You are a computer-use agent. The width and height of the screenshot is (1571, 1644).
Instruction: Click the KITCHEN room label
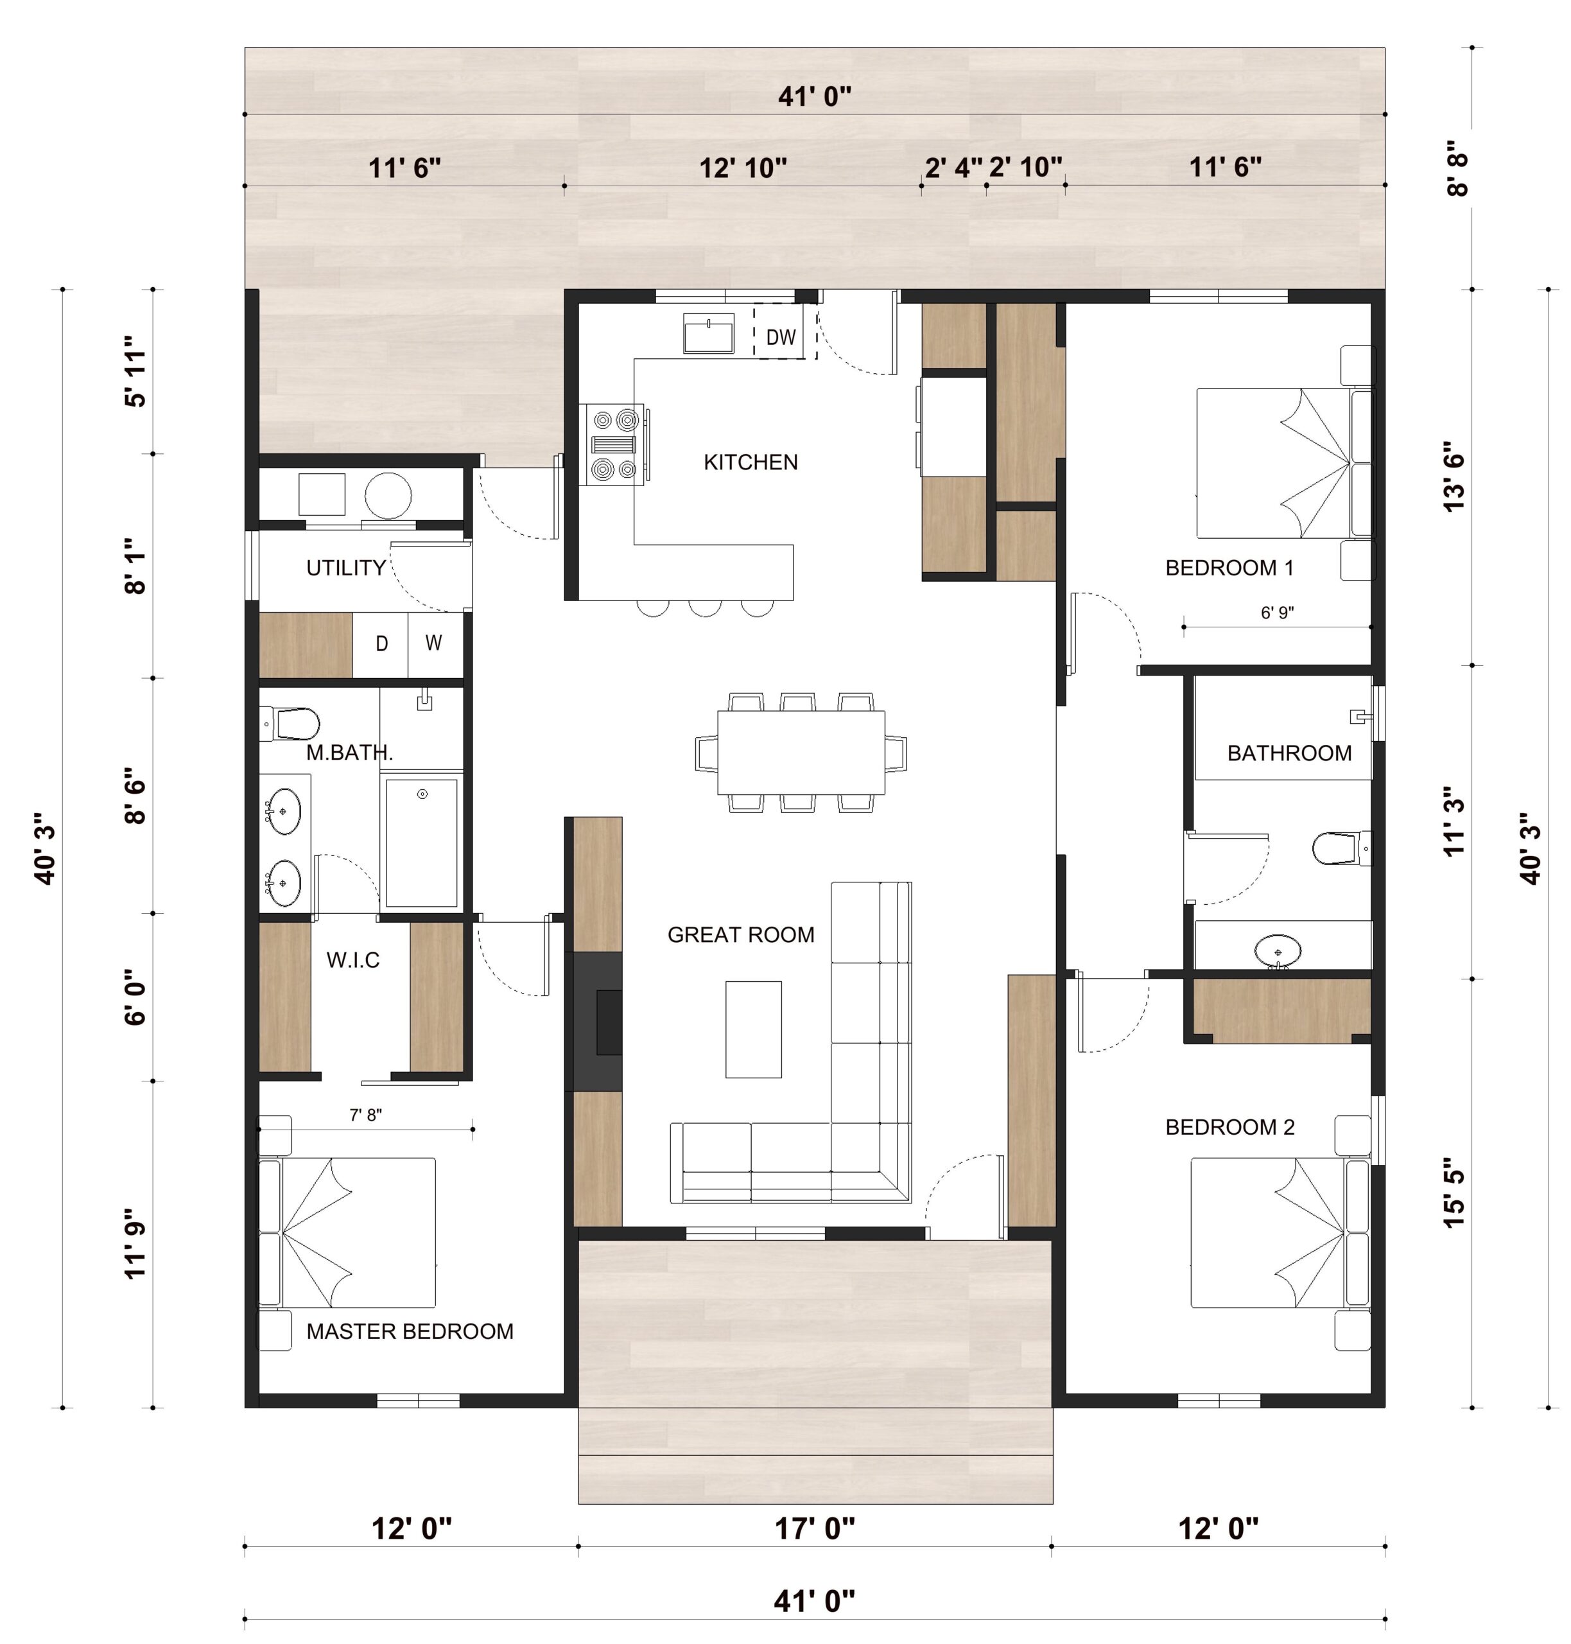(x=751, y=462)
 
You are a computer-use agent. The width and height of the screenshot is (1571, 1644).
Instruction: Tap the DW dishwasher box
(x=785, y=331)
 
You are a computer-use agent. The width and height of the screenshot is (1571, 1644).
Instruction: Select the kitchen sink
(x=708, y=333)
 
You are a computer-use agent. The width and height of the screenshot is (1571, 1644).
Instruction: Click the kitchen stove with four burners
(x=613, y=444)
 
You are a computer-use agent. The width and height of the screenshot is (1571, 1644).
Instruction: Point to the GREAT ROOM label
(x=741, y=934)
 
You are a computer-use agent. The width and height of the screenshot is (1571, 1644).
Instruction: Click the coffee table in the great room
(x=754, y=1029)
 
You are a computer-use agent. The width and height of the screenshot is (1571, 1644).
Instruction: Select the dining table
(x=801, y=753)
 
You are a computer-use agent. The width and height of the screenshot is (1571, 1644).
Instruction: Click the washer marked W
(x=435, y=644)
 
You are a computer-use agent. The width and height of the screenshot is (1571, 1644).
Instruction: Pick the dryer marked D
(x=381, y=644)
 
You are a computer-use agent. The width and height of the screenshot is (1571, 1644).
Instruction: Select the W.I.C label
(x=352, y=960)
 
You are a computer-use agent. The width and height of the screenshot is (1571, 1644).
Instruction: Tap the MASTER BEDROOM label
(x=410, y=1332)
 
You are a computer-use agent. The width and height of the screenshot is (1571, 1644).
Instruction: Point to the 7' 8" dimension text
(x=366, y=1115)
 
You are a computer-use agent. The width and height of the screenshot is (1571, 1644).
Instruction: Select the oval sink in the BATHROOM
(x=1278, y=951)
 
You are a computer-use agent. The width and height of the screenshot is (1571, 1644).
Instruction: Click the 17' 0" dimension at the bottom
(x=814, y=1529)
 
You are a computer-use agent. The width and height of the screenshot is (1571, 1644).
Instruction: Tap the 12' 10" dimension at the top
(x=743, y=168)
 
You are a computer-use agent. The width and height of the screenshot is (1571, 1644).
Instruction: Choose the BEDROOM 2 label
(x=1229, y=1127)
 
